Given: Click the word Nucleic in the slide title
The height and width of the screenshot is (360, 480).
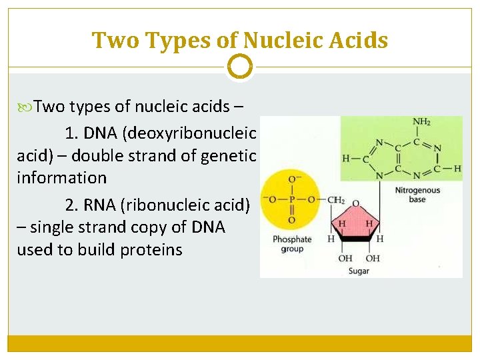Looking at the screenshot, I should pos(282,41).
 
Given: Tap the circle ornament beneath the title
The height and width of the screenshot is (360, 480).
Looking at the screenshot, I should pos(240,67).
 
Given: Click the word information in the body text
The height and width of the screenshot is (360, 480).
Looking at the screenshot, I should pos(61,178).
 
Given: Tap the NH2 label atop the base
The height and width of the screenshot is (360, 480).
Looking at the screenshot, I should pos(421,122).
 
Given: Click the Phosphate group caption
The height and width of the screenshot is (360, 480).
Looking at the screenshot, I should pos(292,244).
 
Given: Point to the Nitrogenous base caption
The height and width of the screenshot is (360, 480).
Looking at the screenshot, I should pos(417,195).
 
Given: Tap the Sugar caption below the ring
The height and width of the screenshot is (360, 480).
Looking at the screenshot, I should pos(359,271).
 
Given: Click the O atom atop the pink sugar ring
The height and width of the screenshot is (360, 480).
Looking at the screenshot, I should pos(356,204).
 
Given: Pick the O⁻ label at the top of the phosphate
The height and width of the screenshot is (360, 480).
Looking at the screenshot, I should pos(293,178).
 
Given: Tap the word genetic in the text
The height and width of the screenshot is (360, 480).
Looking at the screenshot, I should pos(231,155).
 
